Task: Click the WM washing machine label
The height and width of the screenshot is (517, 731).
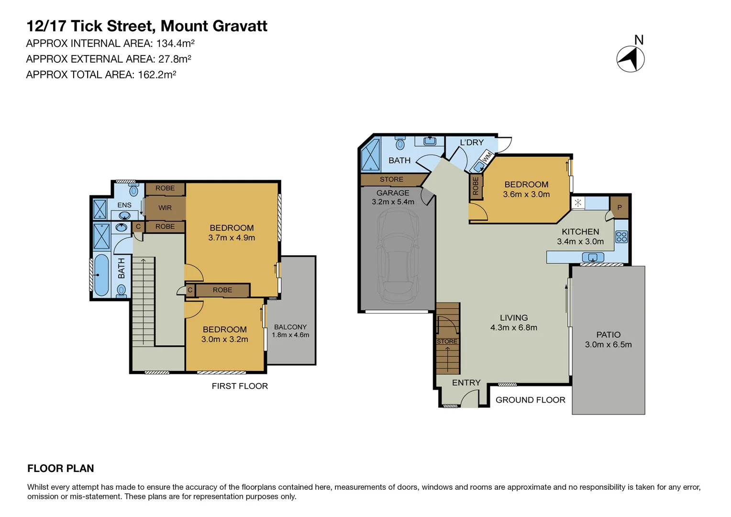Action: pyautogui.click(x=487, y=157)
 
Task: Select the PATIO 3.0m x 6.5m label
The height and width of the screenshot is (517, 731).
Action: pyautogui.click(x=608, y=340)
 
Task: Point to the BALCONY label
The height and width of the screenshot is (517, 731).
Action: pyautogui.click(x=290, y=327)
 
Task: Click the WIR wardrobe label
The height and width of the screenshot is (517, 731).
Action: pyautogui.click(x=165, y=208)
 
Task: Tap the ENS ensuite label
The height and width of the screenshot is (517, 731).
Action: pyautogui.click(x=124, y=205)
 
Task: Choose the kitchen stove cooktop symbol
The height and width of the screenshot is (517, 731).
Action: pyautogui.click(x=621, y=236)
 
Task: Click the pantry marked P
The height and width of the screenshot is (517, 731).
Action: pyautogui.click(x=620, y=207)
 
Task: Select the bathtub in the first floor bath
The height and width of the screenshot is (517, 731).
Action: pyautogui.click(x=101, y=275)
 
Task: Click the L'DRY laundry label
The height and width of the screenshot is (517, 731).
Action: pyautogui.click(x=472, y=142)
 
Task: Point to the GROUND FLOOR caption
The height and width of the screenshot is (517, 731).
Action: pyautogui.click(x=530, y=400)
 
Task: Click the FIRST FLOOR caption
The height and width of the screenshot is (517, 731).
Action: pyautogui.click(x=240, y=386)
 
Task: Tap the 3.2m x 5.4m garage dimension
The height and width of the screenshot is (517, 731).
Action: pyautogui.click(x=393, y=202)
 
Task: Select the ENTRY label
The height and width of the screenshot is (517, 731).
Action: pyautogui.click(x=466, y=382)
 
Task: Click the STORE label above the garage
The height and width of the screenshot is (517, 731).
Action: pyautogui.click(x=391, y=180)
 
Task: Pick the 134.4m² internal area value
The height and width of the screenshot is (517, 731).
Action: pyautogui.click(x=175, y=43)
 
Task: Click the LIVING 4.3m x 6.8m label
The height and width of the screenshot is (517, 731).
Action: pyautogui.click(x=513, y=323)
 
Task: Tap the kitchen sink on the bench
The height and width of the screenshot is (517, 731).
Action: pyautogui.click(x=593, y=258)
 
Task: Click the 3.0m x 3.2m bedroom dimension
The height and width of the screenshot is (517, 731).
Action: pyautogui.click(x=224, y=339)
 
